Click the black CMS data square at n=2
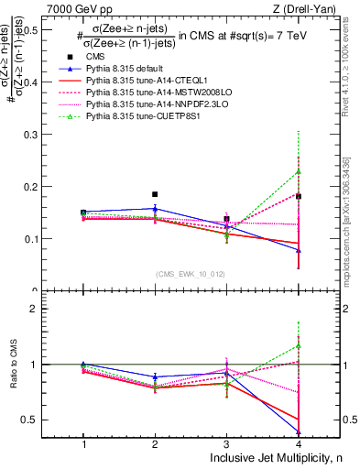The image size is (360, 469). tap(155, 194)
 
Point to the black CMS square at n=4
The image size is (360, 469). tap(299, 196)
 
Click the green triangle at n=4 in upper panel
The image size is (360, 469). tap(299, 171)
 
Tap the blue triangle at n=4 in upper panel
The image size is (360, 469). tap(299, 250)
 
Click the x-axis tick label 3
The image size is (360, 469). tap(226, 443)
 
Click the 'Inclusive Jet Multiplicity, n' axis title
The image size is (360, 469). tap(265, 458)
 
